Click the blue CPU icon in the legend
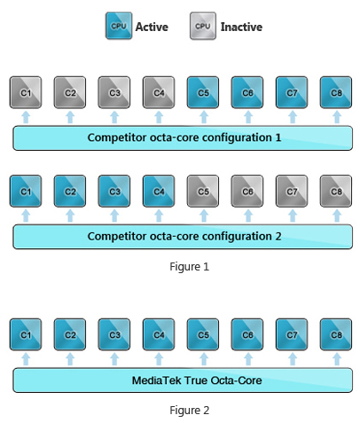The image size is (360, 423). pyautogui.click(x=119, y=26)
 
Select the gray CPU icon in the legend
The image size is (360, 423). pyautogui.click(x=203, y=26)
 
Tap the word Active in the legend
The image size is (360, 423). pyautogui.click(x=152, y=27)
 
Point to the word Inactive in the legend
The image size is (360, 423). pyautogui.click(x=241, y=27)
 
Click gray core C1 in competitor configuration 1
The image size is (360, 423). pyautogui.click(x=26, y=92)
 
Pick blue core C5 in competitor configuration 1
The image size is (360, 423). pyautogui.click(x=203, y=92)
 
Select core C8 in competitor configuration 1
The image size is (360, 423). pyautogui.click(x=336, y=92)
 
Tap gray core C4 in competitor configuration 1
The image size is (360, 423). pyautogui.click(x=159, y=92)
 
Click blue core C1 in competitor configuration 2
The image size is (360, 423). pyautogui.click(x=26, y=192)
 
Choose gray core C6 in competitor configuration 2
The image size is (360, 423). pyautogui.click(x=247, y=192)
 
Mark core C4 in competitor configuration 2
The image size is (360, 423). pyautogui.click(x=159, y=192)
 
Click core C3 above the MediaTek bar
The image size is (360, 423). pyautogui.click(x=114, y=334)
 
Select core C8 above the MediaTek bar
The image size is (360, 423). pyautogui.click(x=336, y=334)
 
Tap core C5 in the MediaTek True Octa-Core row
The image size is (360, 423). pyautogui.click(x=203, y=334)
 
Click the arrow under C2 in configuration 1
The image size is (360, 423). pyautogui.click(x=70, y=117)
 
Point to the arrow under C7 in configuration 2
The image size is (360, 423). pyautogui.click(x=293, y=215)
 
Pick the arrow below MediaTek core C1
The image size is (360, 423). pyautogui.click(x=26, y=359)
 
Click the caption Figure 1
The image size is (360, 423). pyautogui.click(x=190, y=267)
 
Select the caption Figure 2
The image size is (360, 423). pyautogui.click(x=190, y=410)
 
